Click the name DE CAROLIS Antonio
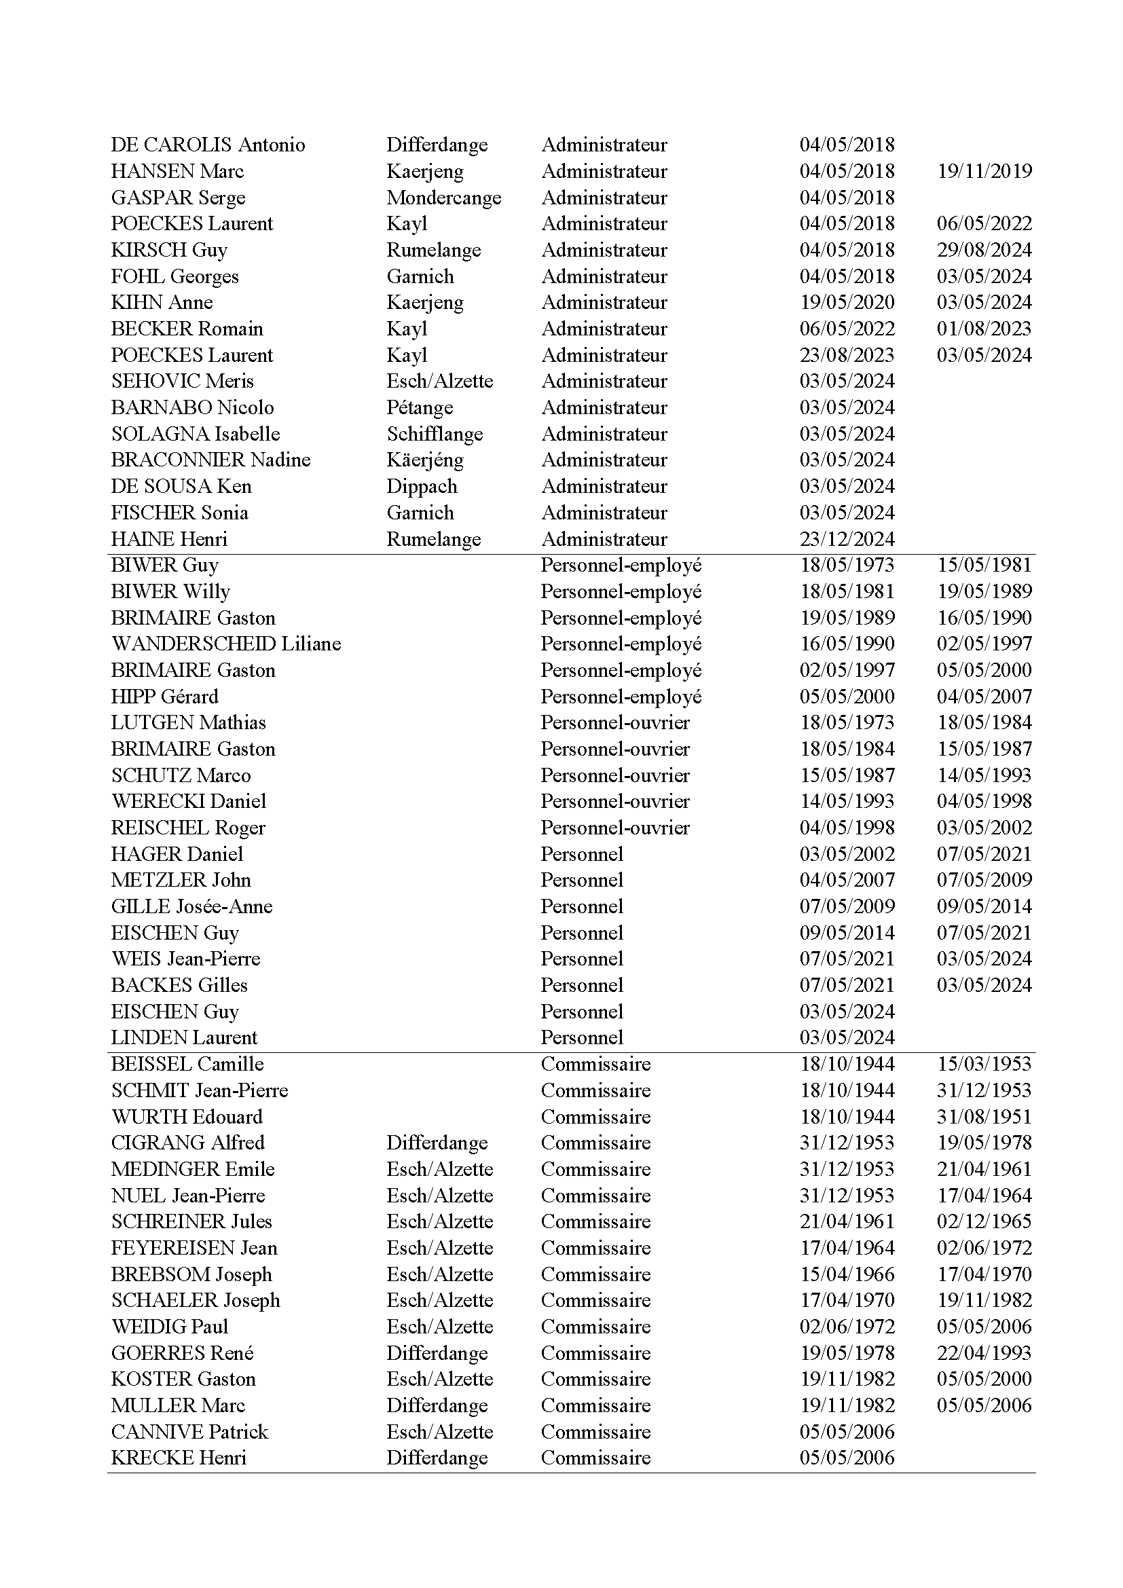[208, 145]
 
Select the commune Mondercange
[443, 198]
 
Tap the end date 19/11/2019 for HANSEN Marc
[984, 171]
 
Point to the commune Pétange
[419, 407]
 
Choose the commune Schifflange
[435, 434]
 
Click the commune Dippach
[421, 486]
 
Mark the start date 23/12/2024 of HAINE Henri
[847, 539]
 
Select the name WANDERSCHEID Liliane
[226, 644]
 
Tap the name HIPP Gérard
[164, 697]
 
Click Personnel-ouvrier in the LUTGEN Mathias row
[614, 723]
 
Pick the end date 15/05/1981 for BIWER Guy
[984, 565]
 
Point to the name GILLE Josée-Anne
[191, 907]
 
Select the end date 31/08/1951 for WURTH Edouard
[984, 1117]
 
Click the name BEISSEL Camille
[187, 1065]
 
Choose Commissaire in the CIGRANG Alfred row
[595, 1143]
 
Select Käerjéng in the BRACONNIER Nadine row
[424, 460]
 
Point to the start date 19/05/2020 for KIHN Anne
[847, 302]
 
